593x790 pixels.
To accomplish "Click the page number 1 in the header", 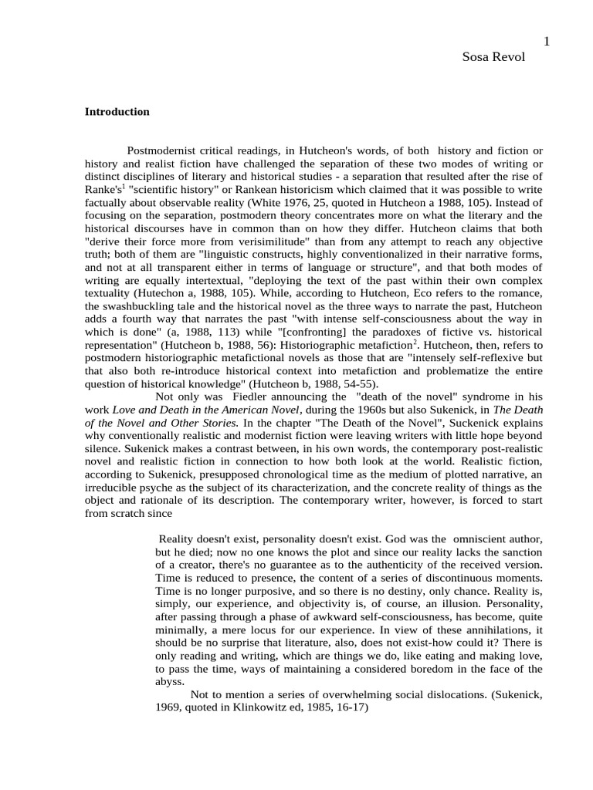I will pos(547,42).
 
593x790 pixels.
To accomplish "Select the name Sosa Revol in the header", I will pos(493,58).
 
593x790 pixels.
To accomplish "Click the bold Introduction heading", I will pos(117,112).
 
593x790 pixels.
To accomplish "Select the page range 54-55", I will pos(362,383).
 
